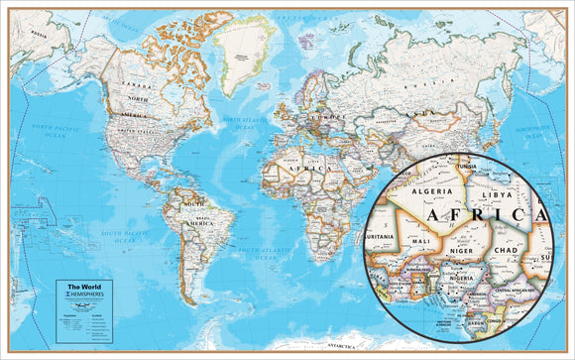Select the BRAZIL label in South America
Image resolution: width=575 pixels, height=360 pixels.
pos(204,215)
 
